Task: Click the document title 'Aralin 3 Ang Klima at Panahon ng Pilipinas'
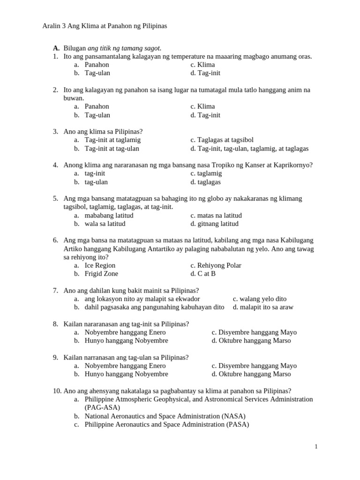point(105,26)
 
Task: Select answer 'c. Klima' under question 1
point(202,65)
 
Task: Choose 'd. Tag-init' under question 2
point(205,115)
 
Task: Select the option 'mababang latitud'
point(109,216)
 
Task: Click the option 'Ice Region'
point(100,265)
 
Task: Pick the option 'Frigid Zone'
point(101,274)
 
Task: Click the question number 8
point(55,324)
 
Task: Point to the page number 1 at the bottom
point(316,447)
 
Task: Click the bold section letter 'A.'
point(56,48)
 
